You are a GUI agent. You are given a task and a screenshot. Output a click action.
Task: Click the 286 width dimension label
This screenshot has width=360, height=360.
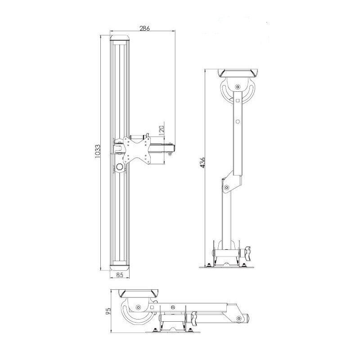pos(144,28)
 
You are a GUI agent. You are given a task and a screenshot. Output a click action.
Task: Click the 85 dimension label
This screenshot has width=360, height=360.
pos(120,275)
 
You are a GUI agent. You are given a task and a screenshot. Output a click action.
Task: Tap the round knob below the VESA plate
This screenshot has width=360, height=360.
pos(120,168)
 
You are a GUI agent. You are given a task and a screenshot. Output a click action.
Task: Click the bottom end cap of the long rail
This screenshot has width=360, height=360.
pos(120,267)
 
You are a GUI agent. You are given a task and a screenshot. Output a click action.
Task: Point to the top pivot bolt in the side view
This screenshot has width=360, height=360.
pos(237,87)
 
